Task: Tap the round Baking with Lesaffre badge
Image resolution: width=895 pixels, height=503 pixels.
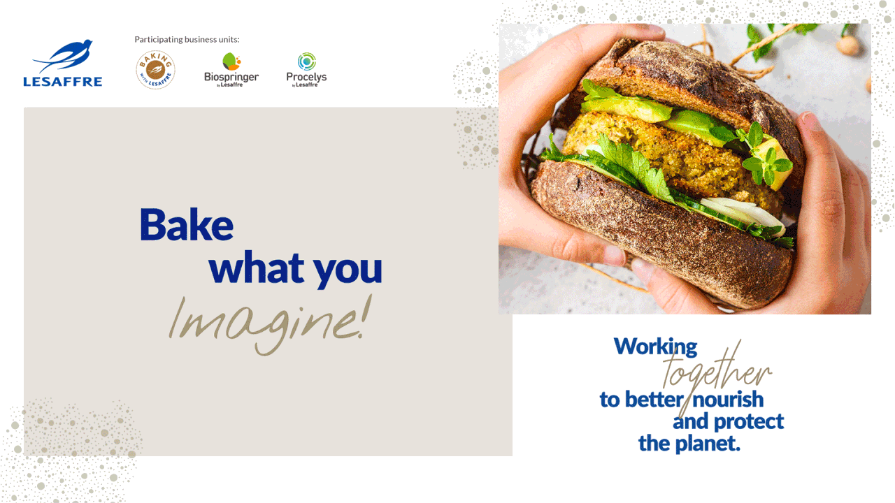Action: pyautogui.click(x=155, y=70)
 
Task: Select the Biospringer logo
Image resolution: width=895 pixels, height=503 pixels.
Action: pyautogui.click(x=231, y=70)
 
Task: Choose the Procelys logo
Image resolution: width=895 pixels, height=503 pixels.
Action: pyautogui.click(x=306, y=70)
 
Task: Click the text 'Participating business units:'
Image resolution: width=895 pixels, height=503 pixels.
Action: pyautogui.click(x=187, y=39)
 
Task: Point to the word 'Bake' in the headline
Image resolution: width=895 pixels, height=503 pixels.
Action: pyautogui.click(x=187, y=224)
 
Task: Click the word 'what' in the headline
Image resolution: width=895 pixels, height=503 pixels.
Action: pyautogui.click(x=256, y=268)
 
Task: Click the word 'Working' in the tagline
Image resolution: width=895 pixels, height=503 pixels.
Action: pyautogui.click(x=655, y=347)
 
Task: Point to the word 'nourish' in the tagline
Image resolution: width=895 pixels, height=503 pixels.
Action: pyautogui.click(x=729, y=400)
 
